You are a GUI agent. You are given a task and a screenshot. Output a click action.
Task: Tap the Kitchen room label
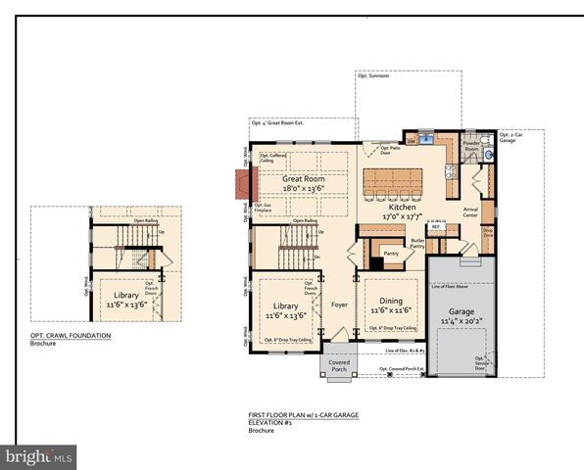(401, 208)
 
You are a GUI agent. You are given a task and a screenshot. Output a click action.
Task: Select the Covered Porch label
(338, 365)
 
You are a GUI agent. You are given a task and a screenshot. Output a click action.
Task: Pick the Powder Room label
(471, 145)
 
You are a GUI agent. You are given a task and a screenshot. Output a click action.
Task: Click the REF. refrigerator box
(437, 227)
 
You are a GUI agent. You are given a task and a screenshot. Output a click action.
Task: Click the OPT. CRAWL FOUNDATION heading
(70, 336)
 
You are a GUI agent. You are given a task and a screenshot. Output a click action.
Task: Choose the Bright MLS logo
(39, 456)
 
